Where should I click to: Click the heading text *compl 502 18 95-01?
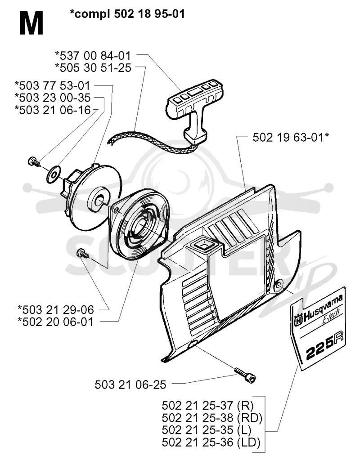[x=127, y=13]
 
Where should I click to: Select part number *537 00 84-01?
[x=93, y=55]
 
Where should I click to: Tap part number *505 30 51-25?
[x=93, y=67]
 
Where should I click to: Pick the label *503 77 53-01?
[x=52, y=85]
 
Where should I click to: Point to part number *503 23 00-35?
[x=52, y=98]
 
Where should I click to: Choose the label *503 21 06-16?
[x=52, y=110]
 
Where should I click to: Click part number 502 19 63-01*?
[x=291, y=137]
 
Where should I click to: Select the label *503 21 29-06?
[x=55, y=309]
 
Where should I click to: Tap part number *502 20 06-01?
[x=55, y=322]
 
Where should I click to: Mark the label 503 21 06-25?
[x=130, y=385]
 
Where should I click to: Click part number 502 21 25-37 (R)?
[x=208, y=405]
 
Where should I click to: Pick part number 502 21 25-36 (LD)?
[x=211, y=443]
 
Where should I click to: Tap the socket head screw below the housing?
[x=245, y=374]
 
